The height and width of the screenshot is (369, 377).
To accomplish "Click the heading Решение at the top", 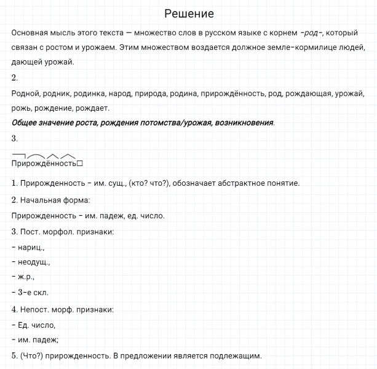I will [x=189, y=14].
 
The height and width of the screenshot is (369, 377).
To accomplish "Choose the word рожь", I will [x=22, y=108].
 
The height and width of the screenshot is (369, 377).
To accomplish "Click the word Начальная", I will [x=39, y=200].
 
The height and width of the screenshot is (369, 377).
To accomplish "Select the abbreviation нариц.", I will [x=31, y=247].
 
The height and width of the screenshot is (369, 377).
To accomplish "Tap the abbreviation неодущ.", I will [x=34, y=262].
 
